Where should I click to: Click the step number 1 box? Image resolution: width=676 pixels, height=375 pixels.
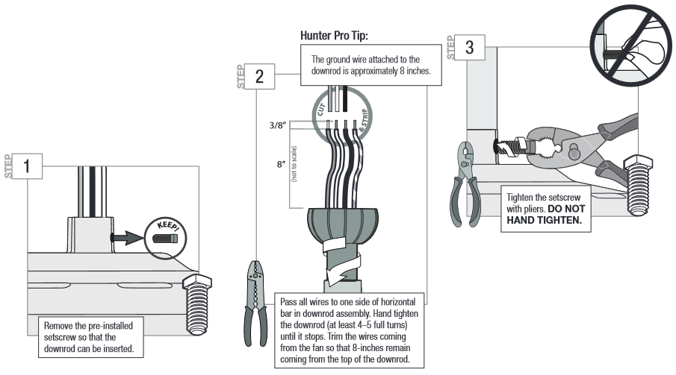[x=27, y=166]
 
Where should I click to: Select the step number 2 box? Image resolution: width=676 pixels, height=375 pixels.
[x=259, y=76]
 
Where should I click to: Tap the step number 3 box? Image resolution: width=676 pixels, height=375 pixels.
[x=470, y=48]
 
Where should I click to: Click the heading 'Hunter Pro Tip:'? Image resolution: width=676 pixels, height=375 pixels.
[x=334, y=35]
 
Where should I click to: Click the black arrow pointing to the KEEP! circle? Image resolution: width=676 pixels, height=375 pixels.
[x=126, y=238]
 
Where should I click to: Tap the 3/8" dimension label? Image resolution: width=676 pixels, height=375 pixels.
[x=278, y=125]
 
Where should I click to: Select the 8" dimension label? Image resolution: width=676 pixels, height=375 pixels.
[x=282, y=164]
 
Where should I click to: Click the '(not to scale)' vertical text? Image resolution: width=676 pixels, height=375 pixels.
[x=294, y=163]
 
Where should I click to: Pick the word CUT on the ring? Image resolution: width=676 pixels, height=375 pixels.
[x=320, y=110]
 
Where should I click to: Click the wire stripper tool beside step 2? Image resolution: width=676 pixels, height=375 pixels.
[x=255, y=303]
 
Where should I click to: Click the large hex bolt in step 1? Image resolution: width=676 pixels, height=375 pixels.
[x=197, y=304]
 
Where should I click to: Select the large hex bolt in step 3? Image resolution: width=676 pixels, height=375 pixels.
[x=638, y=186]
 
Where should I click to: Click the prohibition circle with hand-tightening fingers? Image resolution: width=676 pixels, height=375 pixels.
[x=630, y=45]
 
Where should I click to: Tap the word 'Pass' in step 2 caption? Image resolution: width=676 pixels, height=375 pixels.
[x=288, y=302]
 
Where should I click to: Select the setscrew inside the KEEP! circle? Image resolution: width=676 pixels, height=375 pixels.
[x=165, y=238]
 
